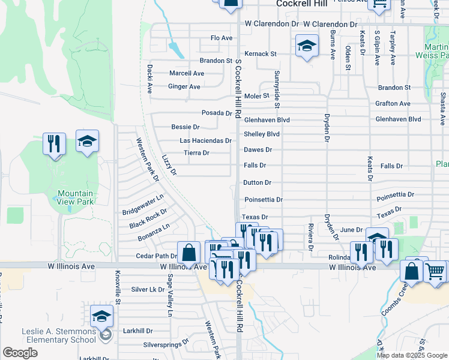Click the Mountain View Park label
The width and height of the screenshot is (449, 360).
(x=75, y=197)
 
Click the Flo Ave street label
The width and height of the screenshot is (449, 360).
(x=221, y=38)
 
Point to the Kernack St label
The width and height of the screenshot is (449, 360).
(x=261, y=53)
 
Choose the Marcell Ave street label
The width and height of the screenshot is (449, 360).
(x=187, y=73)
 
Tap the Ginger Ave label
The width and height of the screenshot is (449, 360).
(x=184, y=86)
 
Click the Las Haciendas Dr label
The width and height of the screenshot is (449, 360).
(x=206, y=140)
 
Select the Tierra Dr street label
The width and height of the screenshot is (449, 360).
(x=196, y=153)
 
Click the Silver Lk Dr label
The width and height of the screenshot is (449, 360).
(x=148, y=289)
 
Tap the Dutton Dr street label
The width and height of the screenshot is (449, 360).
(x=258, y=182)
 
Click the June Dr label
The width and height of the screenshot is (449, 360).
(x=351, y=230)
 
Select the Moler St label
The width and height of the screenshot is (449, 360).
(x=256, y=95)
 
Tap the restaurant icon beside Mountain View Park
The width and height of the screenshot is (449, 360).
(x=55, y=143)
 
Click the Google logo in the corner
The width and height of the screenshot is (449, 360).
(x=20, y=353)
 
